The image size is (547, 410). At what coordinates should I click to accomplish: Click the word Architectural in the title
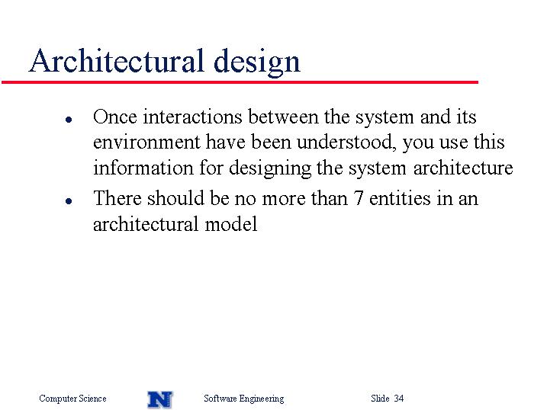(116, 61)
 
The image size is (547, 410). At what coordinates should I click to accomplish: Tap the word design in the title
(257, 62)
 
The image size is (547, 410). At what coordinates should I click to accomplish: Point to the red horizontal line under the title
(240, 82)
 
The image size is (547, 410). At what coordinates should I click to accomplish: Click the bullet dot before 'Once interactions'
(69, 120)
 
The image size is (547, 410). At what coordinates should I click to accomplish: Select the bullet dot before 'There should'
(69, 201)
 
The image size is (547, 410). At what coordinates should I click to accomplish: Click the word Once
(115, 117)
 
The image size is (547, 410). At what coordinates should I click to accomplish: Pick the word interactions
(192, 117)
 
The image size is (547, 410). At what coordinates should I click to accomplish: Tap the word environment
(147, 143)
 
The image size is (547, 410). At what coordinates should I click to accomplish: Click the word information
(143, 168)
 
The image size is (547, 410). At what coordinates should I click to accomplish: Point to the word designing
(270, 169)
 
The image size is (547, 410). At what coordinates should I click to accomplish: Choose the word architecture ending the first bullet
(463, 168)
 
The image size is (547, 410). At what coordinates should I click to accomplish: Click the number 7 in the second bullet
(359, 199)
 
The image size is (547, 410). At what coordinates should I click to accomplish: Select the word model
(231, 224)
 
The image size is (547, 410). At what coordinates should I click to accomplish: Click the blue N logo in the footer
(160, 399)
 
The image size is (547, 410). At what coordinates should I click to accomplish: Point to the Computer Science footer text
(72, 399)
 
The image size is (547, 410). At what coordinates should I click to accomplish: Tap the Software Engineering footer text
(244, 399)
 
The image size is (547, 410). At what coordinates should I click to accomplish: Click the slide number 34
(399, 398)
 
